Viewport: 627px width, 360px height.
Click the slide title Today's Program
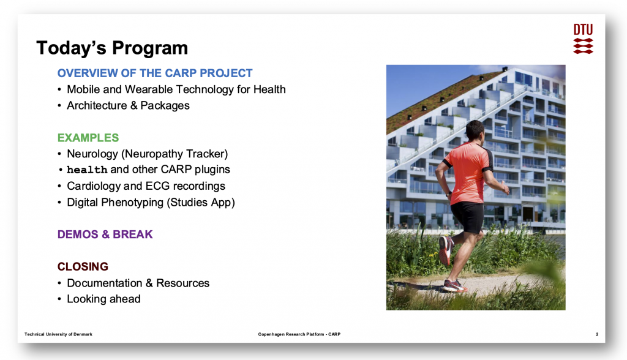(112, 48)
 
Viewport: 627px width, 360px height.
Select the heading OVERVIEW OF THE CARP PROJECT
(155, 73)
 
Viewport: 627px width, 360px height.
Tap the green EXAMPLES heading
(88, 138)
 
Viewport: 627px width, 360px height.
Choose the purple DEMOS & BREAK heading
(105, 234)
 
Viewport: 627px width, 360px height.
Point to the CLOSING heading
(83, 266)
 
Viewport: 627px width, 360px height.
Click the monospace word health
(87, 170)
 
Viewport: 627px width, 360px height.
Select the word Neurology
(92, 154)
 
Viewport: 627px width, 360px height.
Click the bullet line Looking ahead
(103, 299)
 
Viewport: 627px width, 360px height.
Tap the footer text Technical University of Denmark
(58, 334)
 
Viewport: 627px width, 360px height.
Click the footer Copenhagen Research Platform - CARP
(299, 334)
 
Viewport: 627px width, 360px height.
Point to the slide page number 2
(597, 334)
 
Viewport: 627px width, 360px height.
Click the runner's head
(475, 131)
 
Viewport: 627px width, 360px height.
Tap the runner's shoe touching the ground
(454, 285)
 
